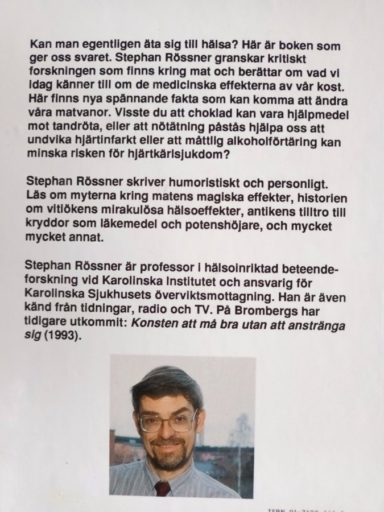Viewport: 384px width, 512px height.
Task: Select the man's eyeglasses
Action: [x=168, y=422]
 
